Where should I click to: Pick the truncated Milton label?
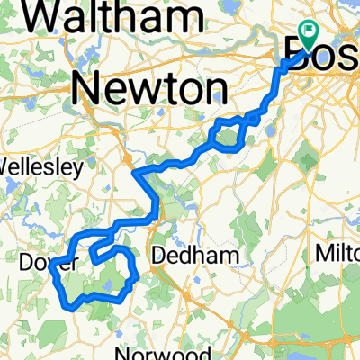[338, 255]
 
